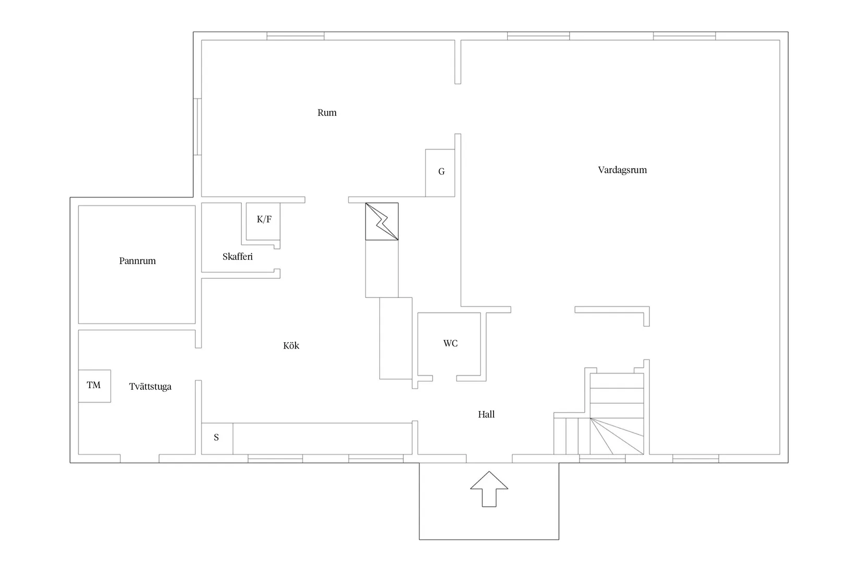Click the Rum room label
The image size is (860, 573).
[327, 113]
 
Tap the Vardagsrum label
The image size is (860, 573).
[622, 170]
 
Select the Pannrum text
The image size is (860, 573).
[138, 261]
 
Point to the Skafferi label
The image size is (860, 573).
[238, 256]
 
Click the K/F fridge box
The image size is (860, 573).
[263, 221]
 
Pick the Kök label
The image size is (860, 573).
[291, 345]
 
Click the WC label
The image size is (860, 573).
[450, 343]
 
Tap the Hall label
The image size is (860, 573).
[486, 414]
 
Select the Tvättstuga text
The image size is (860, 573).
[150, 387]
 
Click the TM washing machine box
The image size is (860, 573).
[94, 386]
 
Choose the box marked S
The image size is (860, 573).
[217, 439]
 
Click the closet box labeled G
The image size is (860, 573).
[440, 173]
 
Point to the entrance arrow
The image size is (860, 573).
[489, 489]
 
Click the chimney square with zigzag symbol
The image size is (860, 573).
[382, 221]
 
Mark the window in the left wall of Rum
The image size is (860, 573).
[198, 127]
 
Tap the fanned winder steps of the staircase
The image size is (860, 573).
[617, 436]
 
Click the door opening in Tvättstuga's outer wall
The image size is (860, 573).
[140, 458]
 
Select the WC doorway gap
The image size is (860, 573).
[445, 378]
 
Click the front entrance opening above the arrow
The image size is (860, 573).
[489, 458]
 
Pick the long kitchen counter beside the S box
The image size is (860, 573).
[323, 439]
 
